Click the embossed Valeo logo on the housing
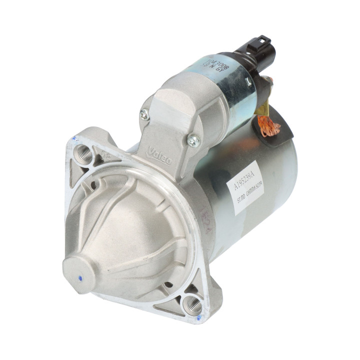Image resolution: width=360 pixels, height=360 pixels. [159, 155]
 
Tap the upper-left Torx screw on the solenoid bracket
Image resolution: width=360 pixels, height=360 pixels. [144, 115]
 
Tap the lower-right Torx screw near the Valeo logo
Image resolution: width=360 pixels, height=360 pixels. [193, 140]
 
